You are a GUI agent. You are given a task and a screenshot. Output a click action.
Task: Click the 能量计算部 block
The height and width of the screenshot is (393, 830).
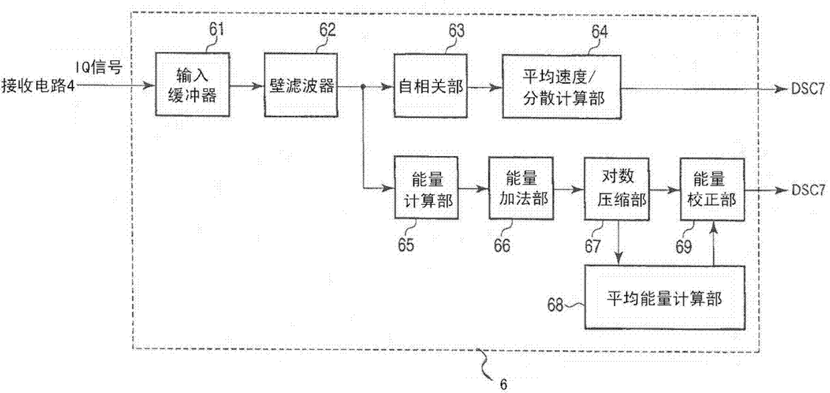click(427, 189)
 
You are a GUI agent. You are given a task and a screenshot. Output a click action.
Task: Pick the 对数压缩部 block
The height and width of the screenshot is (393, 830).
click(616, 189)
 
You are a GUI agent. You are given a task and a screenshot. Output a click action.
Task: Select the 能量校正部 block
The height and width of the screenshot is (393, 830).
click(712, 189)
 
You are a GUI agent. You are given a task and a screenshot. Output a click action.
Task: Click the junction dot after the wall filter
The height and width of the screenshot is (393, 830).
click(362, 86)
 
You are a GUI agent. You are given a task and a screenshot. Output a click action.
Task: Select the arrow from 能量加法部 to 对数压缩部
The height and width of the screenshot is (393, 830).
click(569, 189)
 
